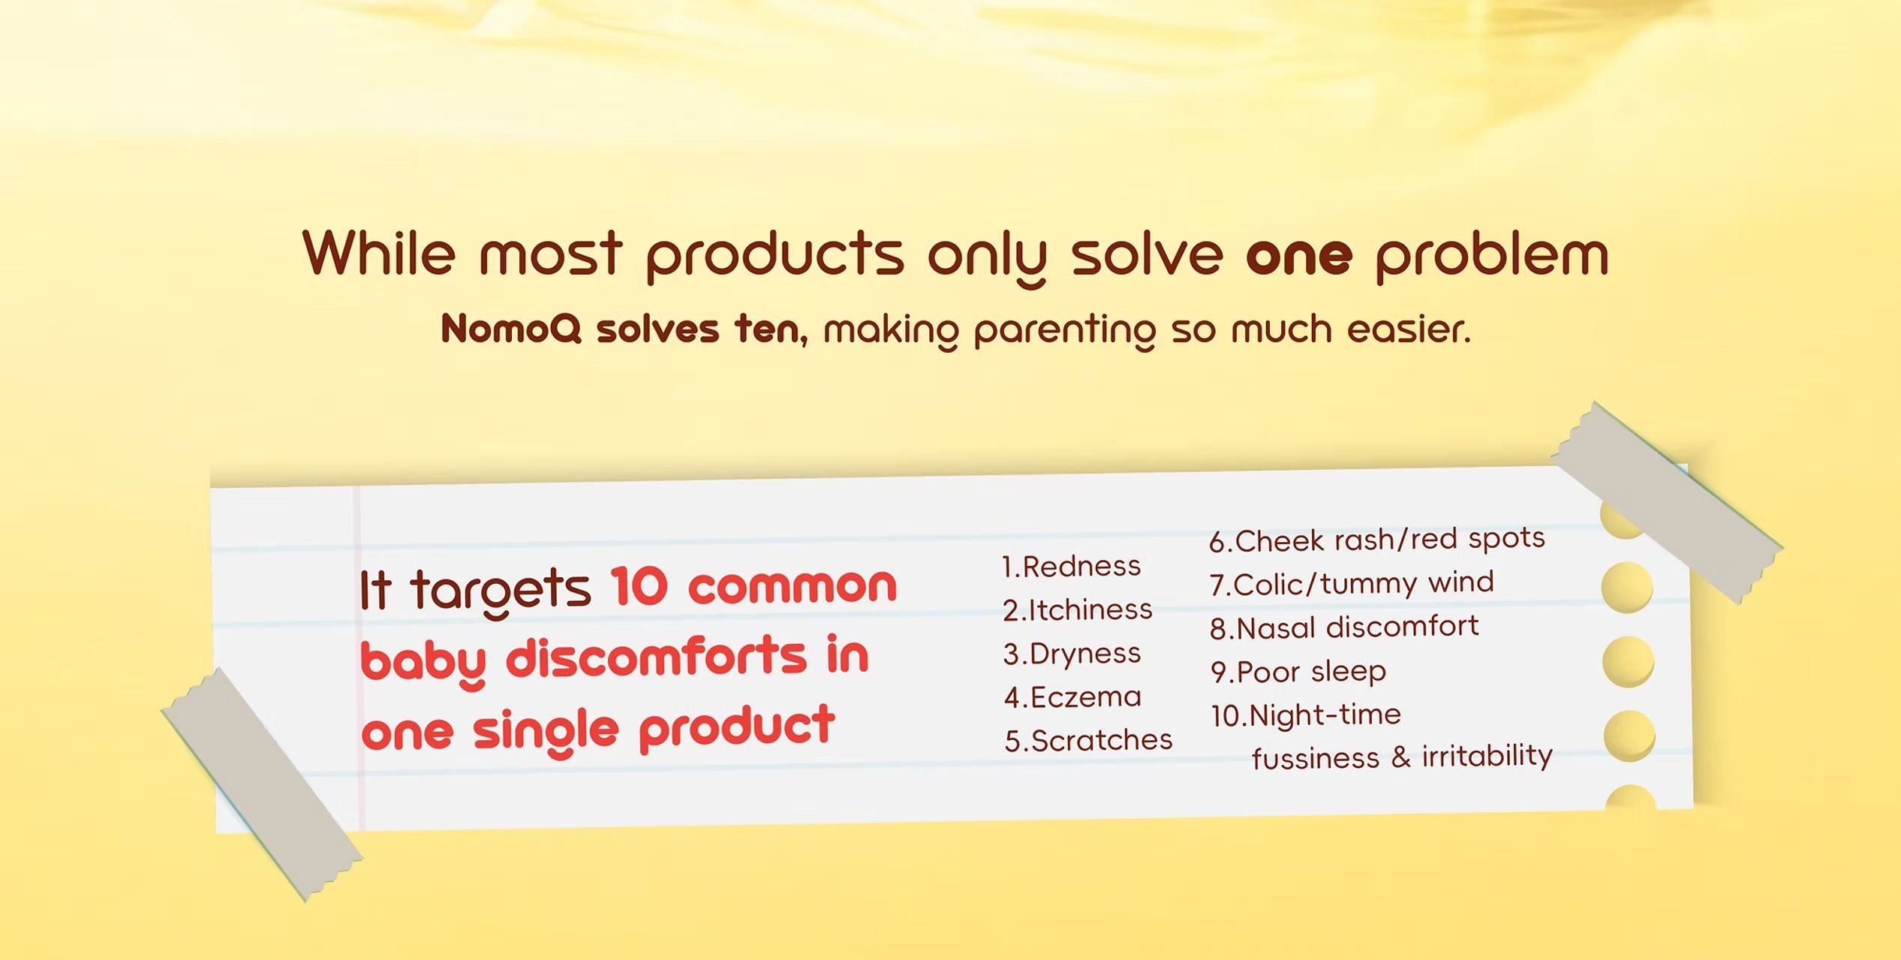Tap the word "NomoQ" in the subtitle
tap(511, 329)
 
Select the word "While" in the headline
tap(379, 252)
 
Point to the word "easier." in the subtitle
tap(1409, 329)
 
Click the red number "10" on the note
tap(639, 586)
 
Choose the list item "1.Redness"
tap(1071, 567)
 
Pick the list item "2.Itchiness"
tap(1077, 610)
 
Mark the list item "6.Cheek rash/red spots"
tap(1377, 540)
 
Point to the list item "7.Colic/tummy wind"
tap(1352, 584)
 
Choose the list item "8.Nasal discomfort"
tap(1344, 627)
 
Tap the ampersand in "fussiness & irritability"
tap(1400, 757)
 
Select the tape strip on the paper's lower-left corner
tap(262, 784)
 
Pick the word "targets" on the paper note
tap(501, 591)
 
